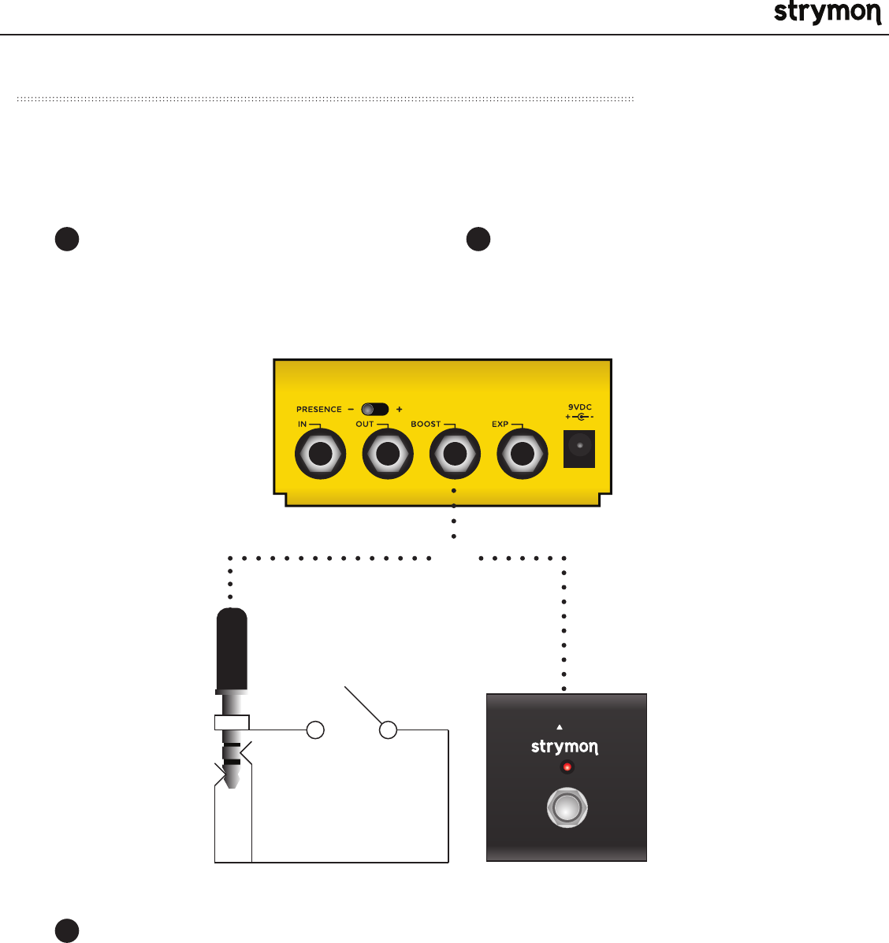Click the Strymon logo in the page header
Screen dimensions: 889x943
[x=827, y=13]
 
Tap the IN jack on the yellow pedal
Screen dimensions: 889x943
[x=320, y=455]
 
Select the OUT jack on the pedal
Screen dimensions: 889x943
[x=387, y=455]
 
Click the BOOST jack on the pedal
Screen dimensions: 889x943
[x=454, y=455]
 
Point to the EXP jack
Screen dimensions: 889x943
[x=522, y=455]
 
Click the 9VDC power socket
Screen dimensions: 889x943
[x=580, y=448]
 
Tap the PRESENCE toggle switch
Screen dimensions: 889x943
[x=374, y=409]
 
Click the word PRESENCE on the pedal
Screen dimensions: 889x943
[x=319, y=410]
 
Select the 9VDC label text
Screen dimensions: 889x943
[x=580, y=407]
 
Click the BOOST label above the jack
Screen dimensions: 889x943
[x=426, y=424]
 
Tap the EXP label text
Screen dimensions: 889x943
[x=500, y=424]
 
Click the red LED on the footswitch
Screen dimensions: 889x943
[x=566, y=767]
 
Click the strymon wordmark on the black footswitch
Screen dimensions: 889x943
[x=564, y=746]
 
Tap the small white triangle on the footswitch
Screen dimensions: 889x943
[x=560, y=727]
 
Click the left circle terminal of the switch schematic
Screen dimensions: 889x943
[x=314, y=730]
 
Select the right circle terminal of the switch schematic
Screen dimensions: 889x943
[x=388, y=730]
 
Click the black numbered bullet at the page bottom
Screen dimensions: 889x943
[x=67, y=930]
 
